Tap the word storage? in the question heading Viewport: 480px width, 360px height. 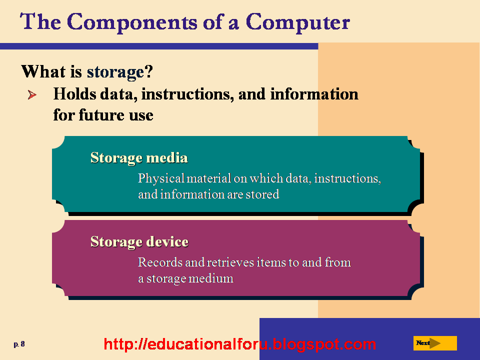(x=119, y=72)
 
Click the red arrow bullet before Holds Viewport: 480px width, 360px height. (x=32, y=94)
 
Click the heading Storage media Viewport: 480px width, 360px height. (x=139, y=158)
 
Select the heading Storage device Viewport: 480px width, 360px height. (x=139, y=242)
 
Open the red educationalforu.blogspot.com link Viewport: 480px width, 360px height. (x=239, y=344)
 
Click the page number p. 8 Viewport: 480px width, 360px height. (x=19, y=344)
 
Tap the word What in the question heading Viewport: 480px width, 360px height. (x=43, y=72)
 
